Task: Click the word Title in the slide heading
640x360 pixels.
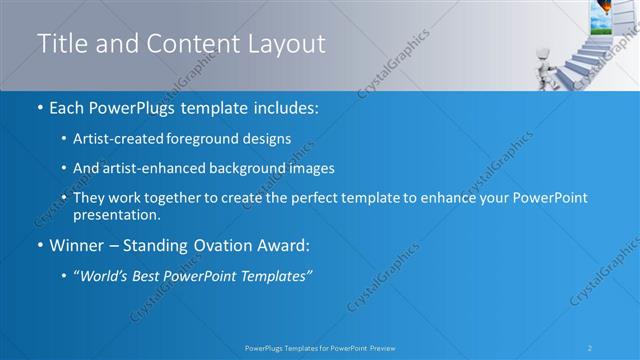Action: pyautogui.click(x=60, y=44)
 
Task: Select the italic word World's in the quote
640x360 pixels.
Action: pyautogui.click(x=106, y=276)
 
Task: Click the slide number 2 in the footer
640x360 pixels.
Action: pyautogui.click(x=590, y=348)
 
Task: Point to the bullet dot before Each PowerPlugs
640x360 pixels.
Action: pyautogui.click(x=40, y=107)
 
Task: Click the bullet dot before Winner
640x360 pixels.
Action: pyautogui.click(x=40, y=245)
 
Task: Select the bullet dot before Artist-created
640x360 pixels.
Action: pyautogui.click(x=65, y=138)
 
